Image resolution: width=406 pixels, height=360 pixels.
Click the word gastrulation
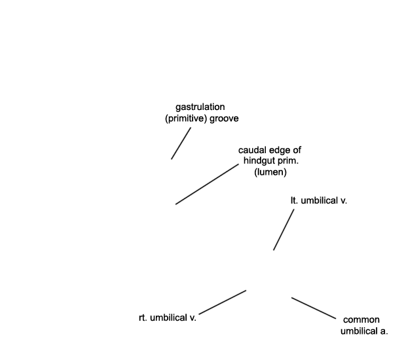[x=200, y=107]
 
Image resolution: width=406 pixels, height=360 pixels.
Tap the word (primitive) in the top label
[x=186, y=118]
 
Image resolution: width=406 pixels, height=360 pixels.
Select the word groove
[x=224, y=118]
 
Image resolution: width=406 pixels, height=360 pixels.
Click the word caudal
[x=253, y=150]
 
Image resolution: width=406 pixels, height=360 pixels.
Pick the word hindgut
[x=259, y=161]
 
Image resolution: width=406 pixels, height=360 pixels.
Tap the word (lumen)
[x=270, y=172]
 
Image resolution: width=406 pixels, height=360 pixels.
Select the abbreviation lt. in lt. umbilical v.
[x=295, y=200]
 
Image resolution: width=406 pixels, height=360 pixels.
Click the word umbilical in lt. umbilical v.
[x=319, y=200]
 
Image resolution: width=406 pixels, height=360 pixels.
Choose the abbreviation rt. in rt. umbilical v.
[x=143, y=318]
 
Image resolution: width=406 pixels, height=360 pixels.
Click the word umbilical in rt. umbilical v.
[x=168, y=317]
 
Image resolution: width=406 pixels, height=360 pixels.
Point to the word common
[x=361, y=320]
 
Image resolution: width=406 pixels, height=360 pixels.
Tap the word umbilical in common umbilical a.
[x=359, y=331]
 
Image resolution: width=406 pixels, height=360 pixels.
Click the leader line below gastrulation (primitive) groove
[x=181, y=143]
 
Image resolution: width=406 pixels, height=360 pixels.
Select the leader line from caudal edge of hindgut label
[x=207, y=184]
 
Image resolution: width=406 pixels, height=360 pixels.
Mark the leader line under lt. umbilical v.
[x=284, y=230]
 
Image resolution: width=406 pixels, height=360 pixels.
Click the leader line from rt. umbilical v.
[x=223, y=302]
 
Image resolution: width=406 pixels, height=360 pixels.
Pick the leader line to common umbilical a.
[x=314, y=308]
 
